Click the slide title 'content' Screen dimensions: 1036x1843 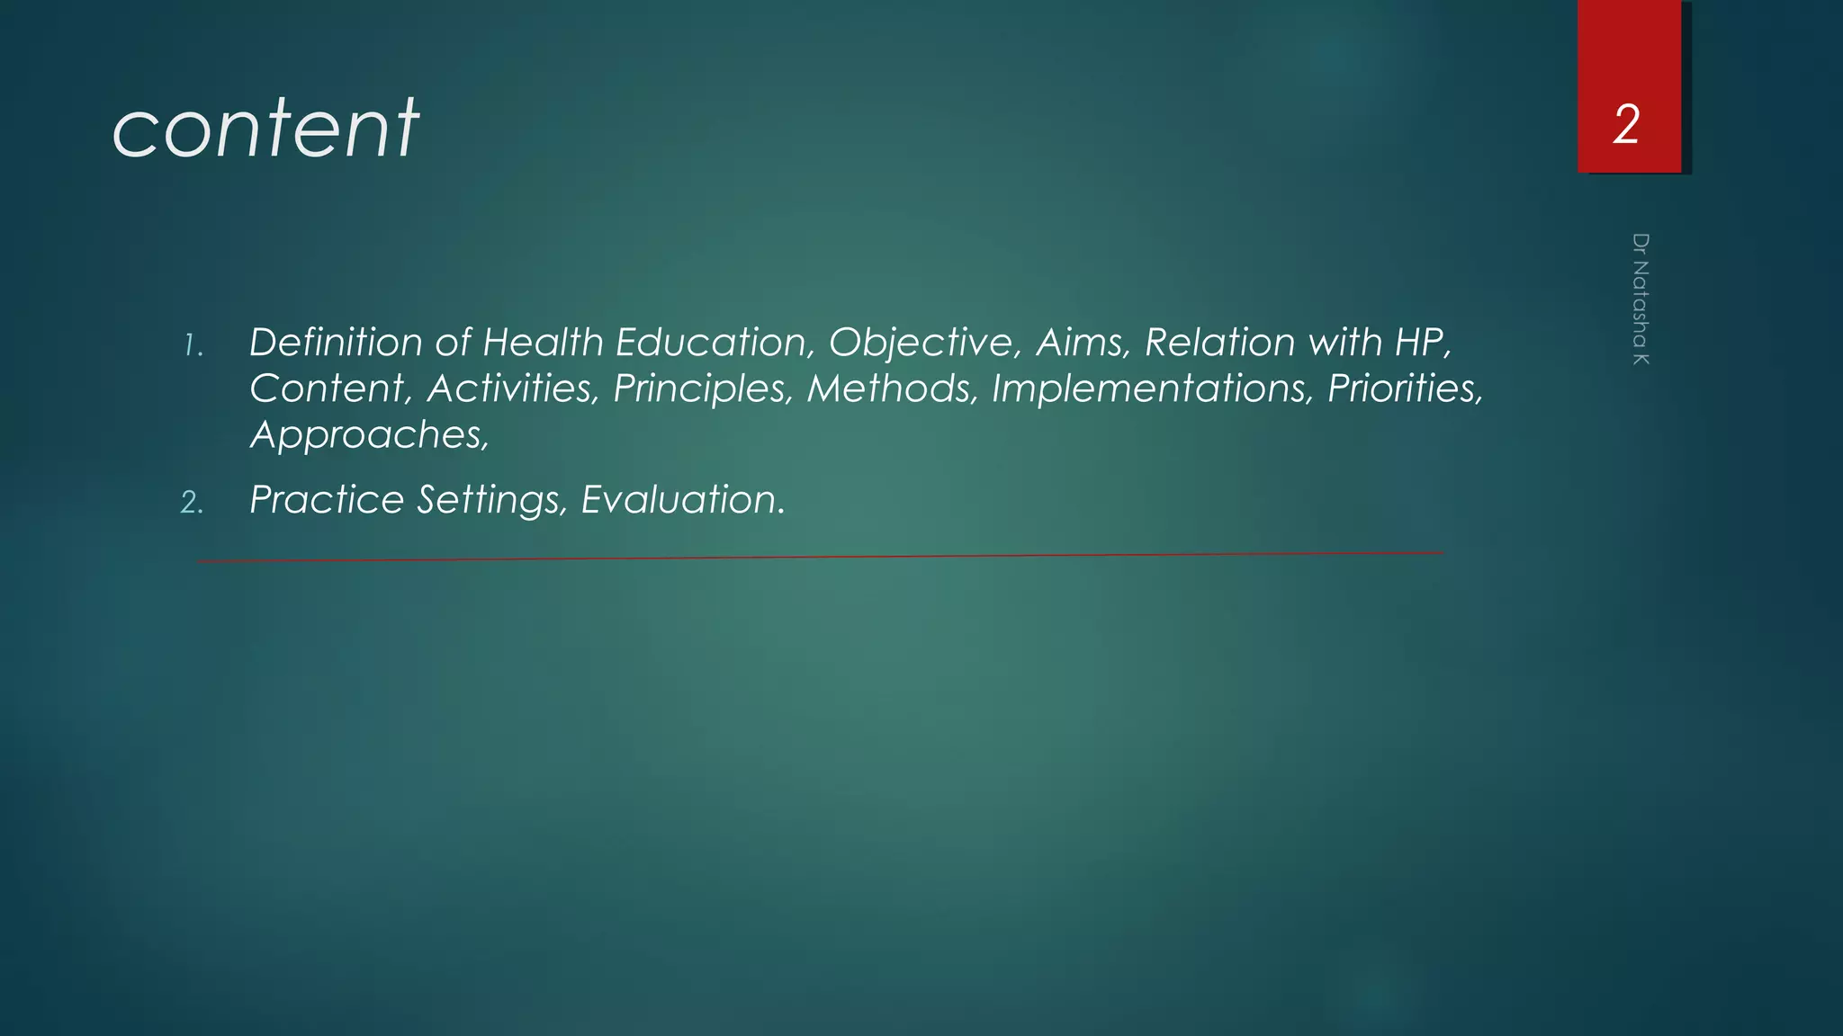(x=265, y=129)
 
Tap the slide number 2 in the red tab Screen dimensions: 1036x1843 (x=1626, y=124)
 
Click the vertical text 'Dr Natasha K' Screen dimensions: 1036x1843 (x=1641, y=299)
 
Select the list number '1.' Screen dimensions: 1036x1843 (x=193, y=345)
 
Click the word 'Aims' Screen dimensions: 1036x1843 (x=1081, y=343)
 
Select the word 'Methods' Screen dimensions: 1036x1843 (x=891, y=388)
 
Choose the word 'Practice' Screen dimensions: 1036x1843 (x=327, y=500)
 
